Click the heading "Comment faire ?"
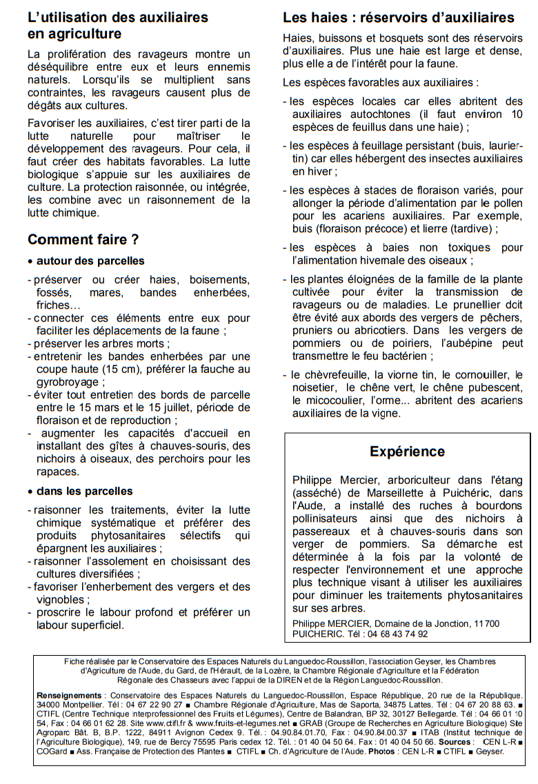click(83, 240)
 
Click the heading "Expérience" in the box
click(407, 452)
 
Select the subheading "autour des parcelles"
click(90, 261)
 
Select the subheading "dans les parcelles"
click(85, 491)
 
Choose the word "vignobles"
click(62, 599)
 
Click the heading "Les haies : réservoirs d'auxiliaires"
click(399, 17)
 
